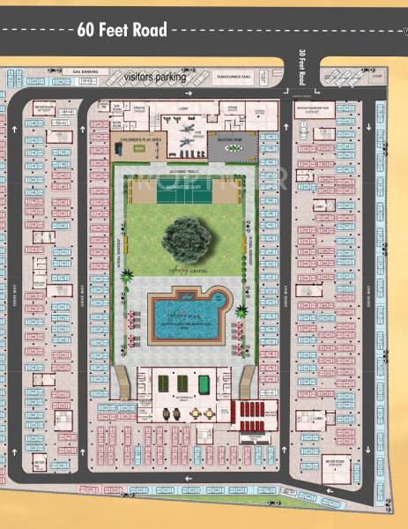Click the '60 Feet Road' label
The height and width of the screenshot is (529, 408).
coord(121,30)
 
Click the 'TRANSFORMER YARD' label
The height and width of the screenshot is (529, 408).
coord(234,78)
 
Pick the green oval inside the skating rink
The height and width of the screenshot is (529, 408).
coord(234,148)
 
